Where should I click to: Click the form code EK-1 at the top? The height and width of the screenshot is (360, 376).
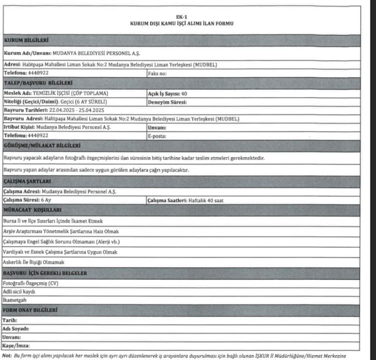coord(182,18)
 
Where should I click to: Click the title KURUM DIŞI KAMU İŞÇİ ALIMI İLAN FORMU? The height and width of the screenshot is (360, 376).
coord(182,24)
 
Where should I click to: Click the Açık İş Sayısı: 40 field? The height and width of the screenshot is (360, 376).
coord(167,93)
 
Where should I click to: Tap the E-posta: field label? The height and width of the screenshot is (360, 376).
coord(157,135)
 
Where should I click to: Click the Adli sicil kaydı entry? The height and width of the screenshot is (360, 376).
coord(20,291)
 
